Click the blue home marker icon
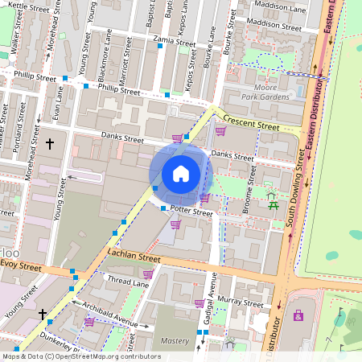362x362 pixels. click(181, 174)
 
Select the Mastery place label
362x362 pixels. click(174, 341)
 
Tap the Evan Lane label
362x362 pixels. click(56, 102)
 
